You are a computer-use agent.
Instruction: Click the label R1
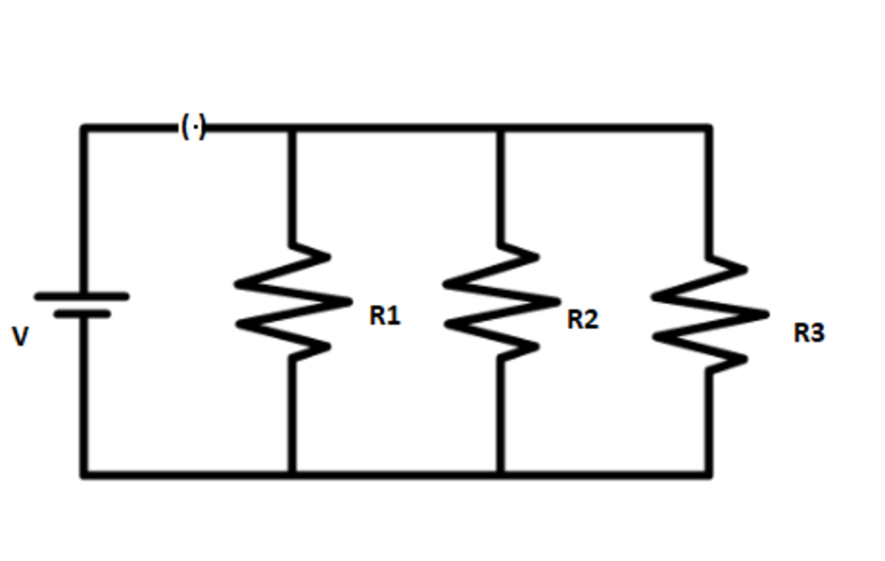(x=384, y=316)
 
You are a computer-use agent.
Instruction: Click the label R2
(x=583, y=320)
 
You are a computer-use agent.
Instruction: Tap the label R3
(x=809, y=333)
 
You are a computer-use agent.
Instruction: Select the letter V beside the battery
(x=21, y=337)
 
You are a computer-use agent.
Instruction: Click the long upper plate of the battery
(x=82, y=297)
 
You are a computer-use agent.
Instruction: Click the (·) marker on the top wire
(x=193, y=128)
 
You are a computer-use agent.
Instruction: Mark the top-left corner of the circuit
(x=84, y=128)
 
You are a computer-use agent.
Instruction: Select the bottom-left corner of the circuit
(x=84, y=474)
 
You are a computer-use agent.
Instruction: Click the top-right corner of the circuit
(x=709, y=128)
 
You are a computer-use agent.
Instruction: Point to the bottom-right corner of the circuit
(x=709, y=474)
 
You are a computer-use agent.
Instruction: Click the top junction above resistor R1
(x=292, y=128)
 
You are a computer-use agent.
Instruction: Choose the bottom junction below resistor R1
(x=292, y=474)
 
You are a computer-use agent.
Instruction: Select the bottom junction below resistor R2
(x=501, y=474)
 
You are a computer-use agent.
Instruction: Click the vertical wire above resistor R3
(x=709, y=192)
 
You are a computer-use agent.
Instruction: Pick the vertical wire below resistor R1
(x=292, y=413)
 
